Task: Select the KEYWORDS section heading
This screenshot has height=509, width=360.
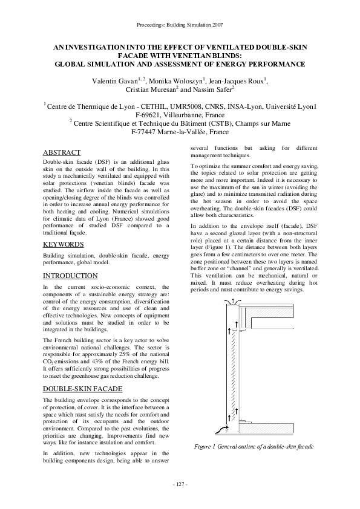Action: [64, 244]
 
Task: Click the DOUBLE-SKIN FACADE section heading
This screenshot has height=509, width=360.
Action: [83, 389]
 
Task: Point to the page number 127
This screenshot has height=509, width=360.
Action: [180, 484]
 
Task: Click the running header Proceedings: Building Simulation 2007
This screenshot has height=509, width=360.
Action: [180, 25]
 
